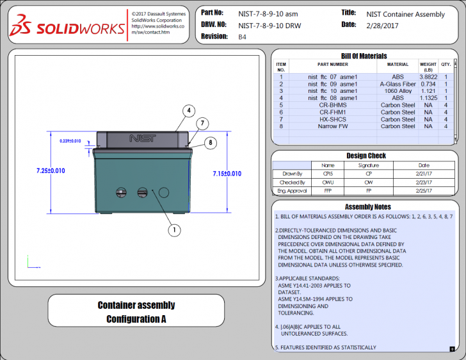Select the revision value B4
tap(243, 37)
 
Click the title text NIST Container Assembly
tap(405, 13)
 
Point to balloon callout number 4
tap(189, 110)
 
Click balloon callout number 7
tap(201, 123)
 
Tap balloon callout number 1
tap(174, 229)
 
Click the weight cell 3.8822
tap(428, 77)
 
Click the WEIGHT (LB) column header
tap(428, 67)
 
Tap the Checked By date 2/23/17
tap(423, 182)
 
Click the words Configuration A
tap(136, 318)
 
